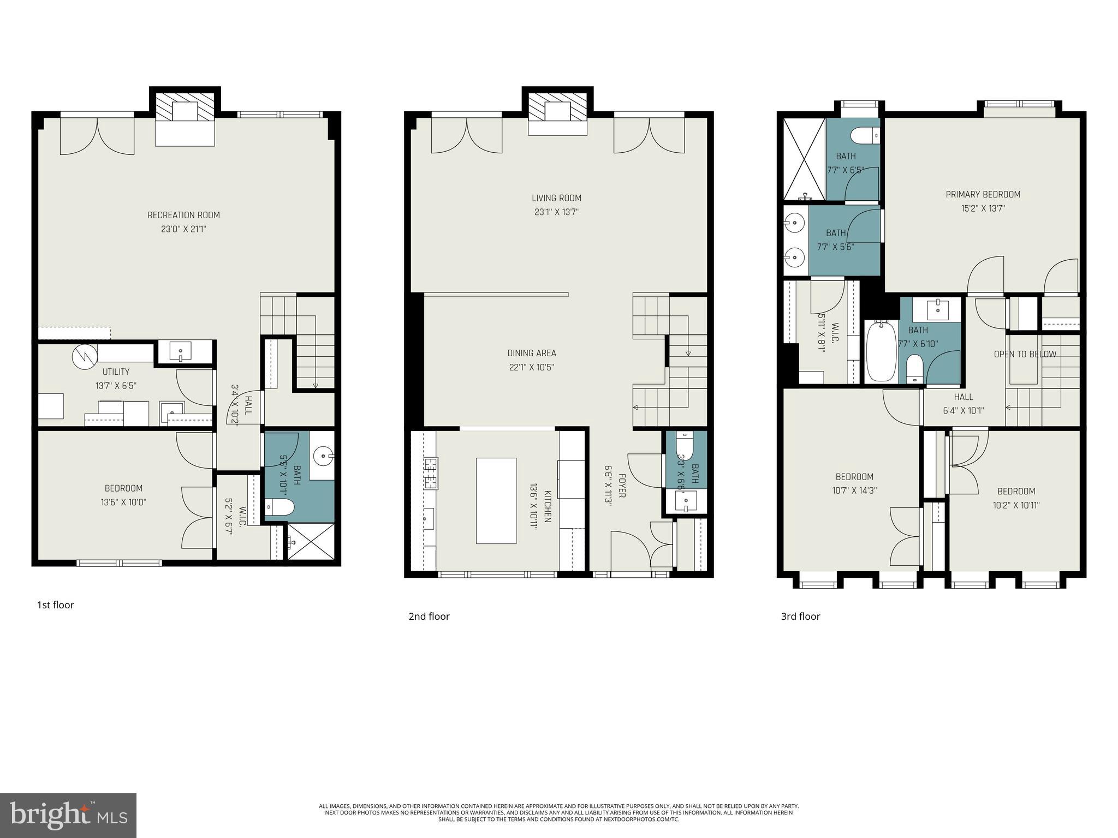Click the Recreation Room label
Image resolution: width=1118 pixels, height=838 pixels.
tap(184, 215)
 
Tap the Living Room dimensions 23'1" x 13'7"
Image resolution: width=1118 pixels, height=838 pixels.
tap(556, 212)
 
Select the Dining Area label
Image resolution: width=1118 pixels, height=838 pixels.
tap(532, 353)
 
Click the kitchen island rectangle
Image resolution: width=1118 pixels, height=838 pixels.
tap(496, 500)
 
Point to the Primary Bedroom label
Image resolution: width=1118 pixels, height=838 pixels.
tap(983, 194)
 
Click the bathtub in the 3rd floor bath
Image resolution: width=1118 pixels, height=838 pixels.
tap(881, 351)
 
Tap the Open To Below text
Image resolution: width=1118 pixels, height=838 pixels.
tap(1025, 354)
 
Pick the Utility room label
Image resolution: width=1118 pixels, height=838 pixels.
tap(116, 372)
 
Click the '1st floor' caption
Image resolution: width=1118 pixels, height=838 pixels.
tap(55, 604)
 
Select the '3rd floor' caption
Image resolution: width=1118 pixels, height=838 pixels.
tap(800, 616)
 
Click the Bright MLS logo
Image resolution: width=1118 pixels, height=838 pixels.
tap(68, 816)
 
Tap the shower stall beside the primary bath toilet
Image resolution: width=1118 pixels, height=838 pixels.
tap(804, 159)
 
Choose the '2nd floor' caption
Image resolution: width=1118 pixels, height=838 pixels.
tap(429, 616)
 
